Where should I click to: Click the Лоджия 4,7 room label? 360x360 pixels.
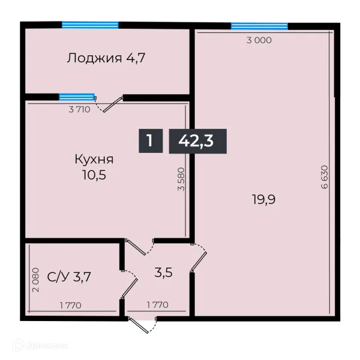pos(106,58)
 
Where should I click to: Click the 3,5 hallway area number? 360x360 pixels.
pos(164,272)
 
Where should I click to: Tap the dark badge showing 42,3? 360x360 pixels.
pos(197,142)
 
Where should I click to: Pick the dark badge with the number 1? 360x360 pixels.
pos(150,142)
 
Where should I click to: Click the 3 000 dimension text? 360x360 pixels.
pos(259,40)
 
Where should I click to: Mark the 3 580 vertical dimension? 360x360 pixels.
pos(181,179)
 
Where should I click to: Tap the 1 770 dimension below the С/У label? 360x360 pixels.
pos(70,305)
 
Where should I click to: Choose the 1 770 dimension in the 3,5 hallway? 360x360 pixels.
pos(157,305)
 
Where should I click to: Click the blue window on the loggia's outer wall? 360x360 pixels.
pos(90,24)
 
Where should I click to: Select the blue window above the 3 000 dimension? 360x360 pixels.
pos(259,25)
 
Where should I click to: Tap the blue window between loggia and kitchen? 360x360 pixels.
pos(77,97)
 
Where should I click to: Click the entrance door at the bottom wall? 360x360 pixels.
pos(143,325)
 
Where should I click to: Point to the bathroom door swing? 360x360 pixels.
pos(128,283)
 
